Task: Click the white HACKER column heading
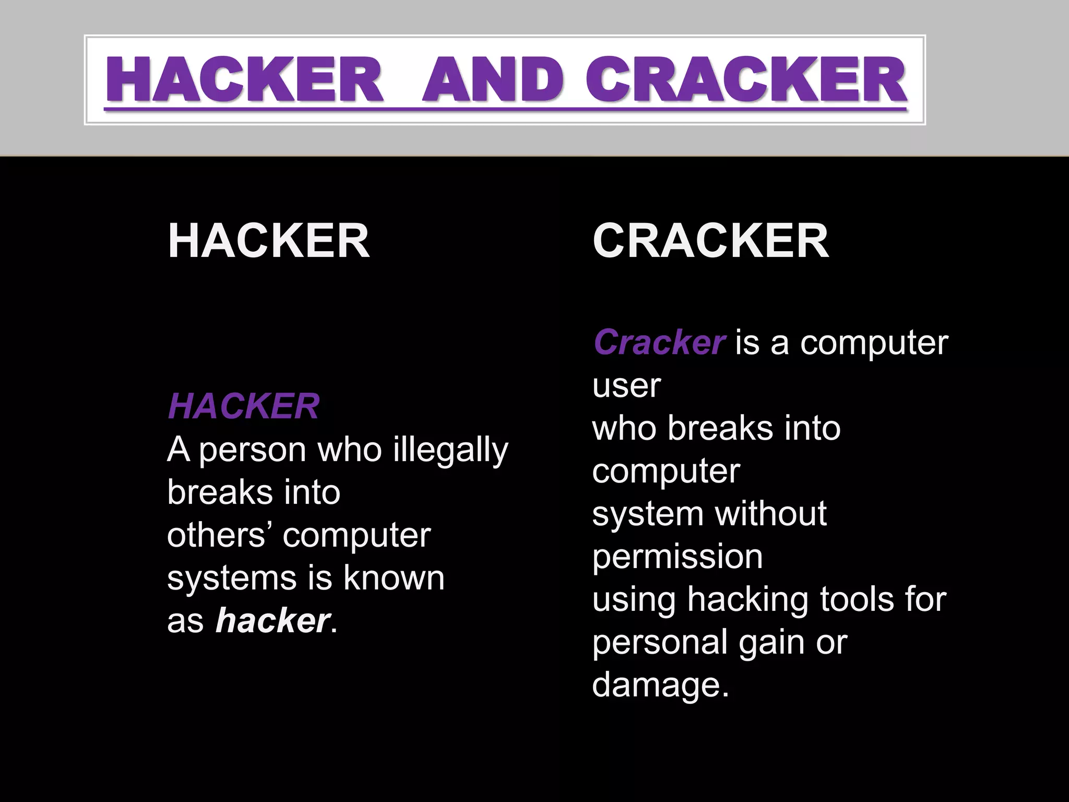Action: click(269, 241)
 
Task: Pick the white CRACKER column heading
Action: click(710, 241)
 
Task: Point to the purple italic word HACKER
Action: click(243, 406)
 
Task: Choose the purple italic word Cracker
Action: click(659, 343)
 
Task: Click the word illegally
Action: click(450, 450)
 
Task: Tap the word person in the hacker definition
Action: click(253, 451)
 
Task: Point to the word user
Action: click(626, 386)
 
